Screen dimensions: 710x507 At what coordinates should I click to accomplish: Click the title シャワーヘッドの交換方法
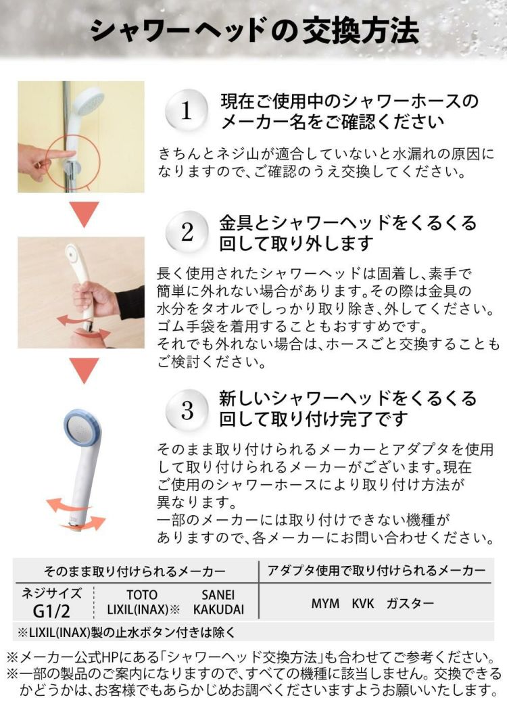click(x=254, y=30)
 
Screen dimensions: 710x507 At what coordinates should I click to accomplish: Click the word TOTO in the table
click(x=141, y=595)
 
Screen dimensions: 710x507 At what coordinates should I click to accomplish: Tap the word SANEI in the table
click(x=218, y=595)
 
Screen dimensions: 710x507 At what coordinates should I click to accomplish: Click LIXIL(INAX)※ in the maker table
click(x=143, y=609)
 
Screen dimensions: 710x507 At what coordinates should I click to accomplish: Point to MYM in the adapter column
click(x=325, y=603)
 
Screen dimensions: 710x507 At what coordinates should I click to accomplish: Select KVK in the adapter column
click(x=362, y=603)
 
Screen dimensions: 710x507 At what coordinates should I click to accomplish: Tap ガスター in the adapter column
click(x=410, y=603)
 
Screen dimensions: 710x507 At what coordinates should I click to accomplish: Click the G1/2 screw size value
click(x=51, y=611)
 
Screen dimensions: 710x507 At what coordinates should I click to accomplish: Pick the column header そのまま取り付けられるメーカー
click(x=135, y=571)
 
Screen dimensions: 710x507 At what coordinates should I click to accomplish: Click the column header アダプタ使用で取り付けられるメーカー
click(x=376, y=571)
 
